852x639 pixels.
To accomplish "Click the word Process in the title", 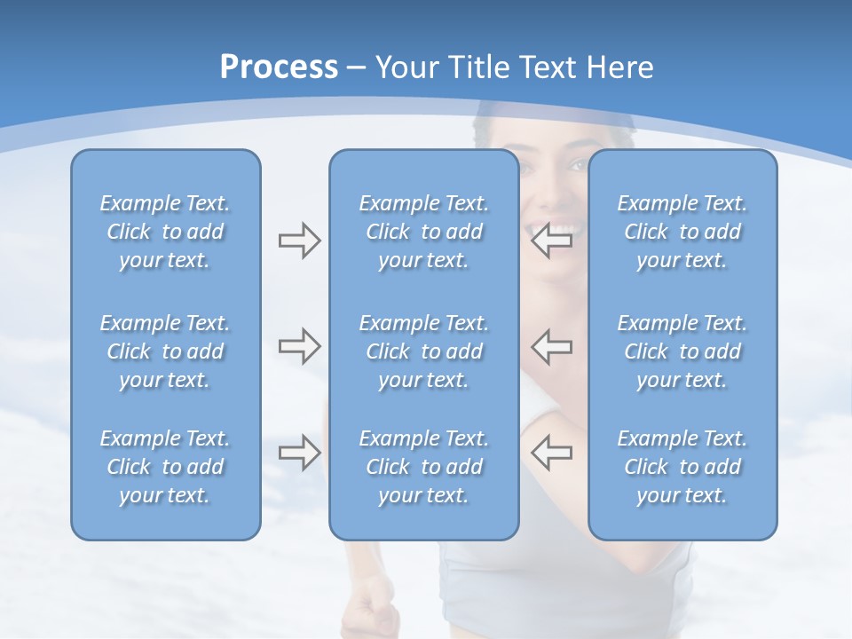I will click(279, 67).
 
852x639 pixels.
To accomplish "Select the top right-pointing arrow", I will click(299, 240).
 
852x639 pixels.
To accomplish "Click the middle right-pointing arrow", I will click(299, 346).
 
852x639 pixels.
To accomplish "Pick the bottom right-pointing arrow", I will click(299, 453).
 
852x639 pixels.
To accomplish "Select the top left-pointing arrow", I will click(551, 240).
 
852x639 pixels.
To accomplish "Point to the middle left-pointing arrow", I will click(551, 346).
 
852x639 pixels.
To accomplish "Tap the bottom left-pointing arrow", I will click(551, 453).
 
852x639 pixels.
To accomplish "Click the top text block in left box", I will click(165, 232).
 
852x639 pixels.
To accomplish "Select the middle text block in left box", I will click(165, 351).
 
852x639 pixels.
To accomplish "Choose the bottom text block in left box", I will click(165, 467).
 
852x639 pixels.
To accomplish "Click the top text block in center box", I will click(423, 232).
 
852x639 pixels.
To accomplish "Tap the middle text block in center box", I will click(423, 351).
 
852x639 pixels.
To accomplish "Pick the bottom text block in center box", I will click(423, 467).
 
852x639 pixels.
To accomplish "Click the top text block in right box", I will click(682, 232).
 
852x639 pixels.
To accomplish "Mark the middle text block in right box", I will click(682, 351).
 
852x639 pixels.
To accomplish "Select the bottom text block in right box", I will click(682, 467).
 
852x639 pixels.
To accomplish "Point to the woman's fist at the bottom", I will click(371, 612).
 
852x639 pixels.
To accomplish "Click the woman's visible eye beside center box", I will click(577, 165).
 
